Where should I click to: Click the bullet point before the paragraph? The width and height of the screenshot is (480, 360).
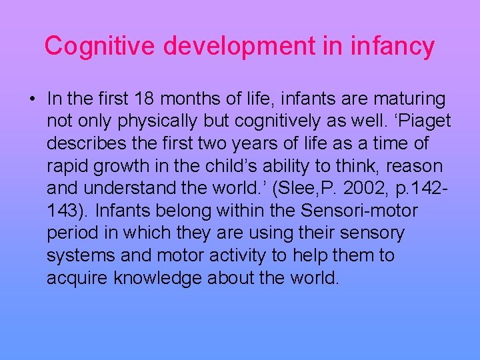click(x=32, y=100)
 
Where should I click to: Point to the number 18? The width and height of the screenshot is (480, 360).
click(x=147, y=99)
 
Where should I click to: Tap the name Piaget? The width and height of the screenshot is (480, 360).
click(x=424, y=122)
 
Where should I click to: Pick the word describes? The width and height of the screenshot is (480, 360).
click(x=90, y=144)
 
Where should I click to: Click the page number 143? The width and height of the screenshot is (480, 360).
click(x=65, y=211)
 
